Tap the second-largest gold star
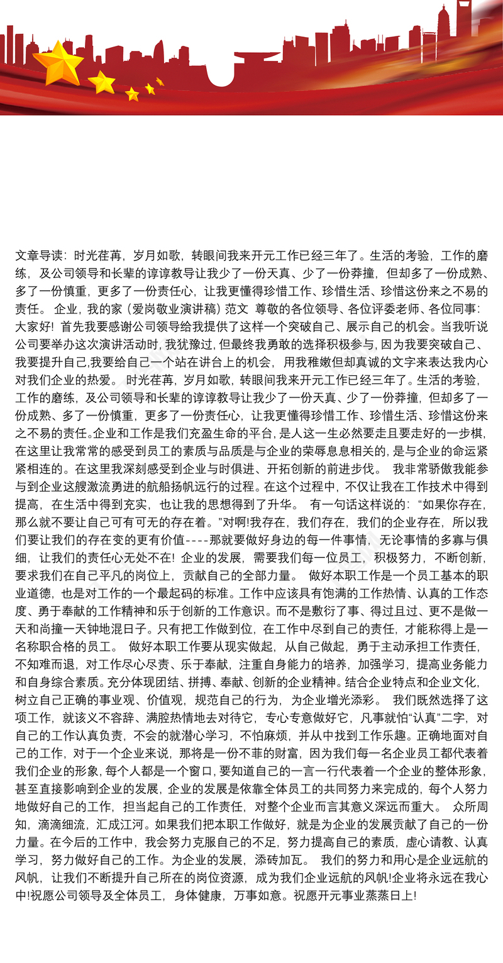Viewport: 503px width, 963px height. [101, 82]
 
